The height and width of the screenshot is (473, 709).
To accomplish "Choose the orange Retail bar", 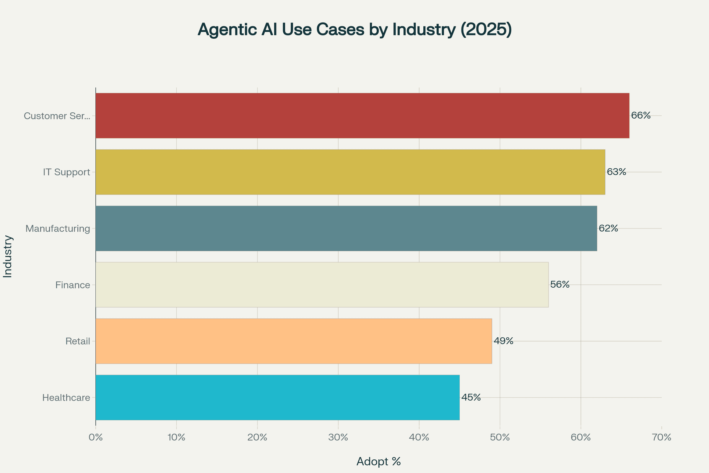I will click(x=294, y=341).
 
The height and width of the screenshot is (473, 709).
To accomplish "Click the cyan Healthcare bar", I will click(x=277, y=398).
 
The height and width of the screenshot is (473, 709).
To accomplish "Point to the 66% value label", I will click(x=641, y=115).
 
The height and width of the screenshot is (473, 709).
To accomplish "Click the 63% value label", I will click(x=617, y=172).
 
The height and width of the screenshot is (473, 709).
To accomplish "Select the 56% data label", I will click(x=560, y=284).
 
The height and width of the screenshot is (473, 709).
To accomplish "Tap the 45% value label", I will click(x=471, y=397).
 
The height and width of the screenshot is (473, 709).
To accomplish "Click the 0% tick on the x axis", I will click(x=95, y=438).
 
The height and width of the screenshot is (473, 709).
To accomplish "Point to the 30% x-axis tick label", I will click(x=338, y=438).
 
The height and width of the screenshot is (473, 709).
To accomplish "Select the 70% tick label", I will click(x=662, y=438).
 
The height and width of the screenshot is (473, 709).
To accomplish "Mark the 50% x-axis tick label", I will click(x=500, y=438).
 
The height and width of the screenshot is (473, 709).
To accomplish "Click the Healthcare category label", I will click(x=66, y=398).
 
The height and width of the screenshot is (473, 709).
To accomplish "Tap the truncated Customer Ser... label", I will click(x=57, y=116).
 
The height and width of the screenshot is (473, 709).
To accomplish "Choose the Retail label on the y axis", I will click(x=78, y=341).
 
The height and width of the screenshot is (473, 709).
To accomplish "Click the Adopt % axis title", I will click(x=379, y=461).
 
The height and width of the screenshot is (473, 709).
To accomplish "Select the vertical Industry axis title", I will click(x=8, y=256).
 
